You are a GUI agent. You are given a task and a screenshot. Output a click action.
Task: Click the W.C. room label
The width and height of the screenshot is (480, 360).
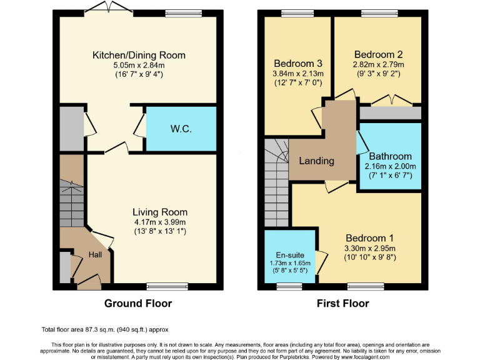[x=181, y=129]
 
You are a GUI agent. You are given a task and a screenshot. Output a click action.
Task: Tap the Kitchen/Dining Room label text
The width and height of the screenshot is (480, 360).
[x=139, y=55]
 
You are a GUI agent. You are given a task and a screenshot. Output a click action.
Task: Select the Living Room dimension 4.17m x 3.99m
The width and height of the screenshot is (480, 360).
[x=159, y=222]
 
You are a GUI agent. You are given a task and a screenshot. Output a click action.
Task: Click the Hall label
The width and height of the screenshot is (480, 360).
[x=95, y=255]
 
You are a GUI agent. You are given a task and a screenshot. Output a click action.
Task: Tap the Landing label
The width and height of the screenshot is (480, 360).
[x=316, y=161]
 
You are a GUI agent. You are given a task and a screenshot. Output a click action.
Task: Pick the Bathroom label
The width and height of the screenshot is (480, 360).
[x=390, y=156]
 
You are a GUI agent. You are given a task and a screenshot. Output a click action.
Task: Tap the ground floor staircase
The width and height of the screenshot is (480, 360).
[x=72, y=200]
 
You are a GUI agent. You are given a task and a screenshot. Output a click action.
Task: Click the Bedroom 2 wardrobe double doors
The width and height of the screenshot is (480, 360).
[x=390, y=100]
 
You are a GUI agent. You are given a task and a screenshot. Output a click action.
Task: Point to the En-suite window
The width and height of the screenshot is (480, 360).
[x=288, y=286]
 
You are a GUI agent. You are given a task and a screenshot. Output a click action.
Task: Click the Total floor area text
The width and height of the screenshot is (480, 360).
[x=104, y=329]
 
